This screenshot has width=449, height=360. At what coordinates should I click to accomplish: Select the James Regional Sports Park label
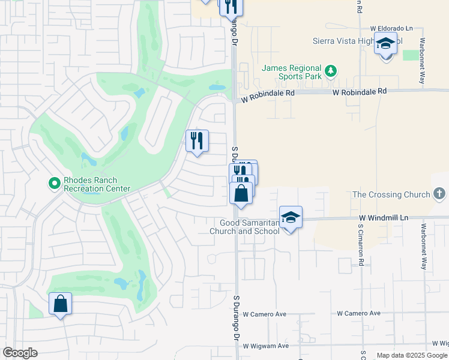pos(292,73)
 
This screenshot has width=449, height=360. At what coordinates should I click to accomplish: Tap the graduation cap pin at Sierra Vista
pos(385,44)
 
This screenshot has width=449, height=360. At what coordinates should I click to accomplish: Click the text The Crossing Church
pos(391,194)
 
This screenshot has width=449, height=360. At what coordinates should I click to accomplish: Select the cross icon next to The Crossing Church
pos(439,194)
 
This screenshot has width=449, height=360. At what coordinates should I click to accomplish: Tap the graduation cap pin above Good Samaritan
pos(291,217)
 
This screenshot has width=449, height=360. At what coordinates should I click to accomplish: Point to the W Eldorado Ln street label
pos(392,28)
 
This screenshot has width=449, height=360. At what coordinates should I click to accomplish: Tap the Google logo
pos(20,353)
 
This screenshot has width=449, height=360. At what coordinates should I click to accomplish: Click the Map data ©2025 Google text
pos(412,355)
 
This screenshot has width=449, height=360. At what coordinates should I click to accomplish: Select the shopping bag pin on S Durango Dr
pos(241,194)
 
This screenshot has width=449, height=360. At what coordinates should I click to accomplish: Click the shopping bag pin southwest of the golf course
pos(61,304)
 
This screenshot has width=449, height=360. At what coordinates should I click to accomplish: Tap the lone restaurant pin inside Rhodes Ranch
pos(197,141)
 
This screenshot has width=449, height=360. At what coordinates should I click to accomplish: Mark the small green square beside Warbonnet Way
pos(411,55)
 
